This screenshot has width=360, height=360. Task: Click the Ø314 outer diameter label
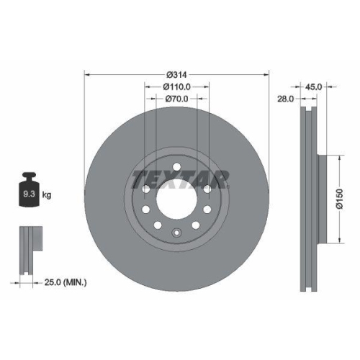click(x=177, y=74)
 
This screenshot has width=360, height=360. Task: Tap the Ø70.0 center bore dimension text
click(x=177, y=99)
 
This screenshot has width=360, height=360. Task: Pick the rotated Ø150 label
click(x=347, y=199)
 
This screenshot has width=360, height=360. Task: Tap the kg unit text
click(x=47, y=195)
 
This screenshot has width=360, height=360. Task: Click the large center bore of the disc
click(x=177, y=198)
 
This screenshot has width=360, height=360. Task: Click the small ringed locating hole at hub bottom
click(x=177, y=233)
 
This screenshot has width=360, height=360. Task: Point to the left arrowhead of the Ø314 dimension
click(x=88, y=74)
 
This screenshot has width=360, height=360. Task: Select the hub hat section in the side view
click(x=322, y=199)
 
